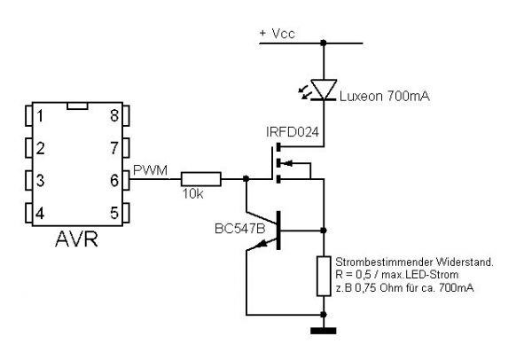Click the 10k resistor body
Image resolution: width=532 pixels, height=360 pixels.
pyautogui.click(x=199, y=178)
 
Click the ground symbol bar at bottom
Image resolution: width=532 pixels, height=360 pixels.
pyautogui.click(x=324, y=332)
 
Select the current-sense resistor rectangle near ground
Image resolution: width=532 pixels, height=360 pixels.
pyautogui.click(x=324, y=275)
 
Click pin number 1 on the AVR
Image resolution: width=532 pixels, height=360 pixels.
pyautogui.click(x=39, y=115)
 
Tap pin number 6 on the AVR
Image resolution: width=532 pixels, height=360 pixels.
pyautogui.click(x=113, y=180)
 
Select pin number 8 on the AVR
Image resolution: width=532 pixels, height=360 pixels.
pyautogui.click(x=113, y=115)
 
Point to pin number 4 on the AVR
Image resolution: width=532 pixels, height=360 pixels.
pyautogui.click(x=39, y=213)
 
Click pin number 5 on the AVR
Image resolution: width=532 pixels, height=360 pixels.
pyautogui.click(x=113, y=213)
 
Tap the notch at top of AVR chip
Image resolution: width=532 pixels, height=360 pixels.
pyautogui.click(x=77, y=105)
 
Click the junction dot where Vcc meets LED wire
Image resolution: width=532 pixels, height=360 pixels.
pyautogui.click(x=325, y=41)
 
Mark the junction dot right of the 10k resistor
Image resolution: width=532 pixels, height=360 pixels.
pyautogui.click(x=244, y=178)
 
